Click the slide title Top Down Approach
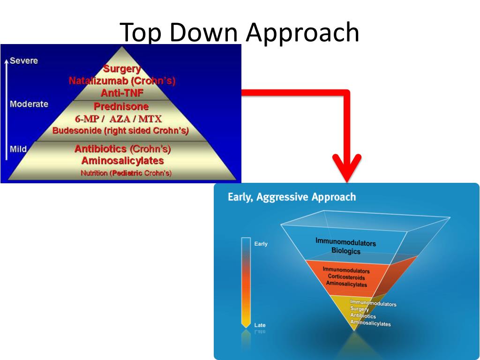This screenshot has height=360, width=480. (240, 32)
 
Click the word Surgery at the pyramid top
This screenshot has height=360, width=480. (122, 69)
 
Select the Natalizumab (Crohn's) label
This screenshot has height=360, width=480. (122, 81)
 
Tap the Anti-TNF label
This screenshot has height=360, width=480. (122, 93)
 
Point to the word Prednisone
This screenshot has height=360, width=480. (121, 106)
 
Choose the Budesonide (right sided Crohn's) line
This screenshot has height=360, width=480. (120, 131)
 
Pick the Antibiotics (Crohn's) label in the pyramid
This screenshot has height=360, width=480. (122, 149)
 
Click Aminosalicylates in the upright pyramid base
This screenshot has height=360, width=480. (122, 161)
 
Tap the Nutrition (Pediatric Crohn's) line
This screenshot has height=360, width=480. (126, 173)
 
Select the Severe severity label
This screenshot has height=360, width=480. (24, 61)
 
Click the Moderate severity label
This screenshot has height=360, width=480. (29, 104)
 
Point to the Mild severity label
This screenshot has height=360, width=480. (18, 149)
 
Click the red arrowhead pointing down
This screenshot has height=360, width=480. (347, 169)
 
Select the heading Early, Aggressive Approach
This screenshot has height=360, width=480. (292, 197)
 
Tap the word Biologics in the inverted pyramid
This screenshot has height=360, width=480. (346, 251)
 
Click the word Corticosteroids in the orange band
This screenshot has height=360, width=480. (346, 277)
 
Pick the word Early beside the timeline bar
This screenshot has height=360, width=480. (261, 244)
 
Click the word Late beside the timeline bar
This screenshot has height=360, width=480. (260, 325)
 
